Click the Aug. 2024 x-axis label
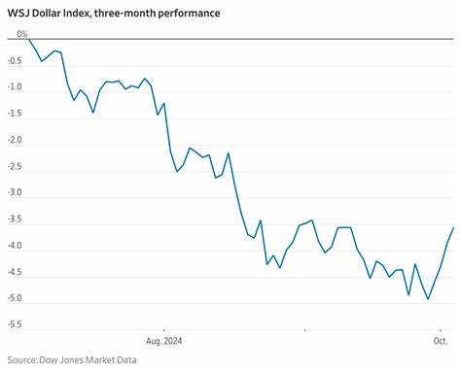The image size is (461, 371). [163, 341]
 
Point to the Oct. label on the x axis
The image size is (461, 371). [441, 341]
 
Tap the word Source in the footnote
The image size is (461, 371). [23, 360]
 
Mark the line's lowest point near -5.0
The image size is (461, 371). [428, 299]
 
